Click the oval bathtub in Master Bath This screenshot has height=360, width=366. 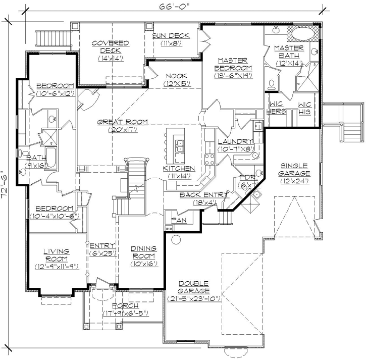point(303,35)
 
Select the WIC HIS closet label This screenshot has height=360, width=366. point(305,108)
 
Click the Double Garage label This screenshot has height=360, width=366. point(194,287)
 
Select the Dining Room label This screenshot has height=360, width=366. point(144,252)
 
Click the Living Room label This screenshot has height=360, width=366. point(56,255)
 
